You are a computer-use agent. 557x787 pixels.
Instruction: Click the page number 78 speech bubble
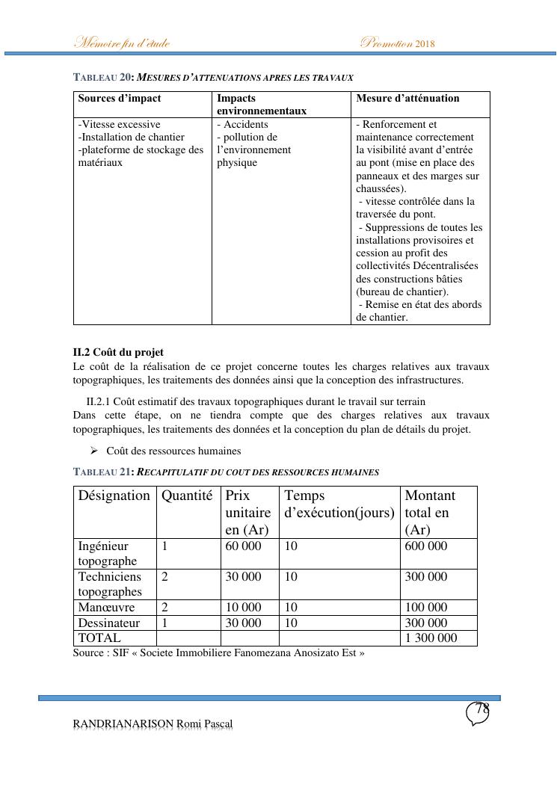pyautogui.click(x=478, y=713)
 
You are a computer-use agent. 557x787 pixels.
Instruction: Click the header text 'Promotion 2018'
pyautogui.click(x=397, y=43)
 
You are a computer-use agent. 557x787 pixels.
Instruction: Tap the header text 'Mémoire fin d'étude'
pyautogui.click(x=121, y=43)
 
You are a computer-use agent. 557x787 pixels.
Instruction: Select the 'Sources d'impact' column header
pyautogui.click(x=120, y=99)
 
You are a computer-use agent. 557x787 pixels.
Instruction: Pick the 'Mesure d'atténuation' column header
pyautogui.click(x=407, y=99)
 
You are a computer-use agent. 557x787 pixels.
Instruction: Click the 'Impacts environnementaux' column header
pyautogui.click(x=262, y=105)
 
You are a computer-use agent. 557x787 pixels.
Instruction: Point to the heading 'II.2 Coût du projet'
pyautogui.click(x=118, y=352)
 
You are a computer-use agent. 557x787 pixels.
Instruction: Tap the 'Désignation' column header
pyautogui.click(x=114, y=496)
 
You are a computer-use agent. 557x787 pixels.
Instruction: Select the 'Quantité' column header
pyautogui.click(x=187, y=496)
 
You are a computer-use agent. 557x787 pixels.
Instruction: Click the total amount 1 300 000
pyautogui.click(x=431, y=638)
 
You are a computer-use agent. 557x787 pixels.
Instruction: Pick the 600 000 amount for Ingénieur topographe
pyautogui.click(x=426, y=546)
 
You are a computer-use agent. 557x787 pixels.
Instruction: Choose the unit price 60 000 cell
pyautogui.click(x=244, y=546)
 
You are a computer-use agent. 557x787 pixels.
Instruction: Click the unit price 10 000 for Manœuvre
pyautogui.click(x=244, y=608)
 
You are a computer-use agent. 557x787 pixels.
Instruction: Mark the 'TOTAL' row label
pyautogui.click(x=99, y=638)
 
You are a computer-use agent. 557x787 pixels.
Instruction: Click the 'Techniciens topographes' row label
pyautogui.click(x=109, y=584)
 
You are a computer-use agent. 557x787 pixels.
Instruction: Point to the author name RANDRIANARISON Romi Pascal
pyautogui.click(x=153, y=724)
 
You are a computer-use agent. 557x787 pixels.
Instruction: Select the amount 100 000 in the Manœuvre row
pyautogui.click(x=426, y=608)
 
